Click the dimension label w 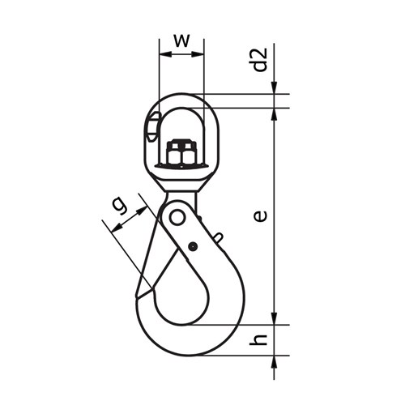click(181, 40)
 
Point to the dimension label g click(119, 207)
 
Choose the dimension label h click(258, 339)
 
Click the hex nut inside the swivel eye click(181, 152)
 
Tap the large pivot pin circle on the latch click(176, 217)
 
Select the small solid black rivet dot click(192, 246)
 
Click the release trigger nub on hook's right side click(218, 237)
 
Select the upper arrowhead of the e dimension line click(275, 113)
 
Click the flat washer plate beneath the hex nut click(181, 165)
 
